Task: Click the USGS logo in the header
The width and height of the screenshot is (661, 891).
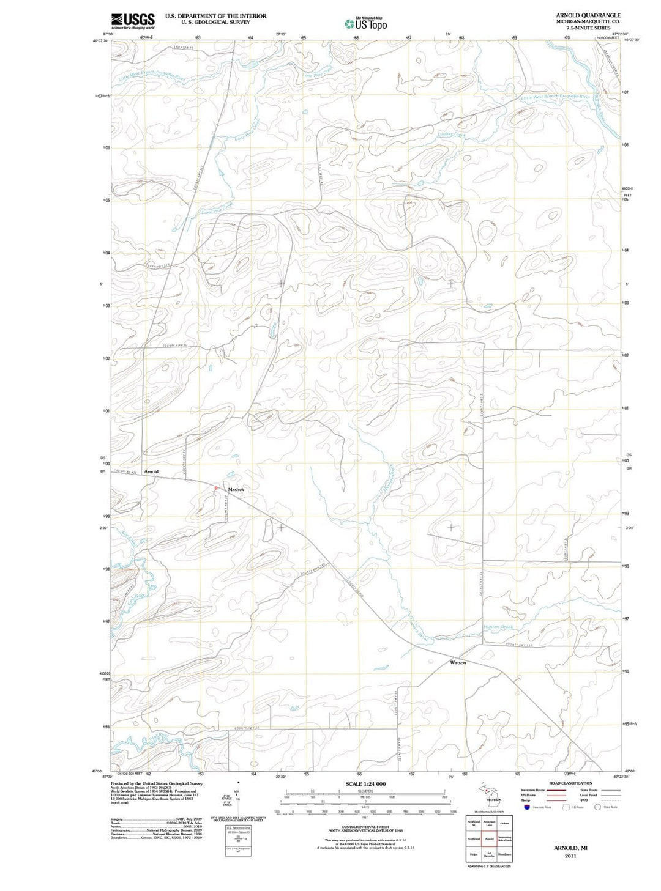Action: point(132,21)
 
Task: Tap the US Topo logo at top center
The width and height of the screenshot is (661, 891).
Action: point(366,24)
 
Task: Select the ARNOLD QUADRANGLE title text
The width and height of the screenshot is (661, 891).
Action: point(588,15)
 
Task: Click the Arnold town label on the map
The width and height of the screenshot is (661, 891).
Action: point(151,471)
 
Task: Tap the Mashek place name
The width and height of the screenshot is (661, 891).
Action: point(236,489)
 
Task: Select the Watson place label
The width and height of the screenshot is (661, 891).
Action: point(458,662)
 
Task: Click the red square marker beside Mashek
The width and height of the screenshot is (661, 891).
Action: point(216,487)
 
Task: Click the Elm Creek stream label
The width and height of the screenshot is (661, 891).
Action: point(127,538)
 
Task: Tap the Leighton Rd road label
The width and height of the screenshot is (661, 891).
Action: point(183,47)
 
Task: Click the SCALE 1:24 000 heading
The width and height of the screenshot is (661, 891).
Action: point(365,783)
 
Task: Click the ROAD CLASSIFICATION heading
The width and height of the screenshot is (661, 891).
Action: point(570,783)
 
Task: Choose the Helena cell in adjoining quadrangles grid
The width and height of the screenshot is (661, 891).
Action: point(504,823)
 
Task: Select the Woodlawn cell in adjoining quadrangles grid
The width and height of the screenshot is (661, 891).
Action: point(504,854)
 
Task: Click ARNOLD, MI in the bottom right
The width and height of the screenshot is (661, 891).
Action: point(570,848)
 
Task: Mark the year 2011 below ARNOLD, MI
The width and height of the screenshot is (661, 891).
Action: point(570,856)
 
